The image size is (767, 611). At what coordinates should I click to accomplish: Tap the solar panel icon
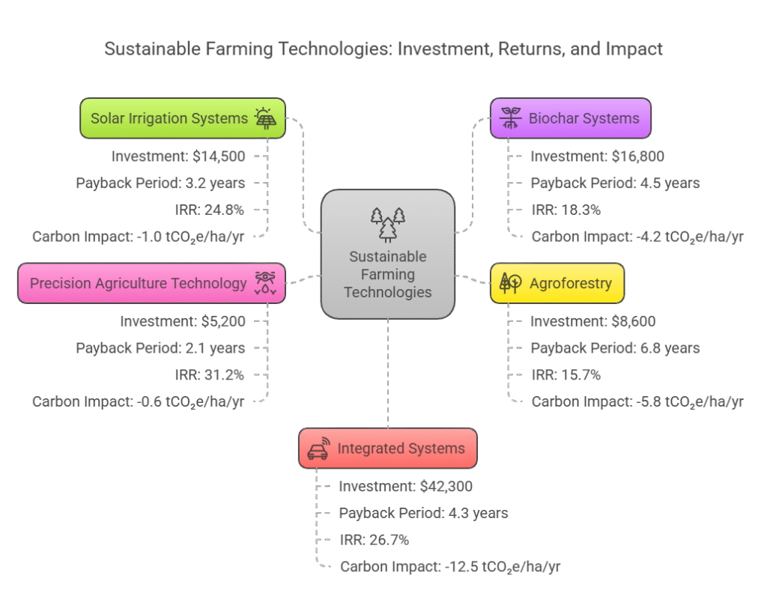(264, 118)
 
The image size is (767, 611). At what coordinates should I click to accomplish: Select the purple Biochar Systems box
(571, 118)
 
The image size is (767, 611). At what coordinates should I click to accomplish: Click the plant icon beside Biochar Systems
(511, 118)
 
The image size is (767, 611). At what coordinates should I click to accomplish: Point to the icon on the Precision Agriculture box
(265, 283)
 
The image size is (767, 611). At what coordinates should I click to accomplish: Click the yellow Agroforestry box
(557, 283)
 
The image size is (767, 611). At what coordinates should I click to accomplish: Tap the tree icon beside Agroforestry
(510, 283)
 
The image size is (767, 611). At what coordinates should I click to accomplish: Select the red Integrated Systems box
(388, 449)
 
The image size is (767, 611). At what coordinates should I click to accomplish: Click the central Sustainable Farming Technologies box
(388, 255)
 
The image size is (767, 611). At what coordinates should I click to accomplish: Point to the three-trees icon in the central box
(388, 224)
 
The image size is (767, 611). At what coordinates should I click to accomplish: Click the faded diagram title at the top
(383, 49)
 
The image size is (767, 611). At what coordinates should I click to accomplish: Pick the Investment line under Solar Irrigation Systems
(178, 156)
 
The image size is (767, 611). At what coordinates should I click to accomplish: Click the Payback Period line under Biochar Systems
(615, 183)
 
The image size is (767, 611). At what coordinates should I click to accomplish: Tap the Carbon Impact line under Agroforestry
(637, 401)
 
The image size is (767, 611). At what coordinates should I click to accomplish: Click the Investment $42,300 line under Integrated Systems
(406, 486)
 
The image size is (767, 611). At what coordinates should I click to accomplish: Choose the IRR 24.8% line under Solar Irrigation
(210, 210)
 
